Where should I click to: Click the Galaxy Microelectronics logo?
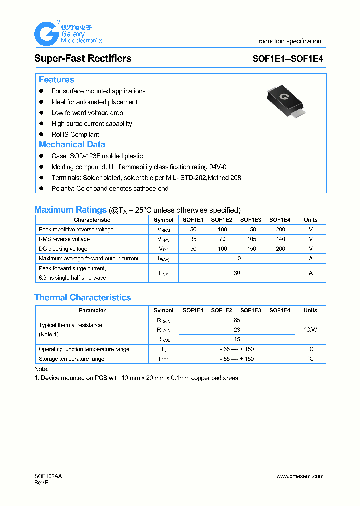[68, 34]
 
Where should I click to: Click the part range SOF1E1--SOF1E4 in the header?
[288, 58]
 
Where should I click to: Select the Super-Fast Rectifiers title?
[83, 58]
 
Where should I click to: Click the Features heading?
[56, 80]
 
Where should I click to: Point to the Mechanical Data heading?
[72, 145]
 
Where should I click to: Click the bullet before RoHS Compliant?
[42, 135]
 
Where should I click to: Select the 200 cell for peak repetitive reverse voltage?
[280, 230]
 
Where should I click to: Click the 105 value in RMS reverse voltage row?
[251, 239]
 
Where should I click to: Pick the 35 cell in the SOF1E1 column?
[193, 239]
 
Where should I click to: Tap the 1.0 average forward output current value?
[237, 259]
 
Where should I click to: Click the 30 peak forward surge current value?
[237, 273]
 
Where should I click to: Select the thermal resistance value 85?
[237, 320]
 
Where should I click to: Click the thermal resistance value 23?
[237, 330]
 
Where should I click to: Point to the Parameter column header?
[92, 310]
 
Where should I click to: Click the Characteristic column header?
[92, 220]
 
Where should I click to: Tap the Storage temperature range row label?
[72, 359]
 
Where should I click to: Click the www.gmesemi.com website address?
[300, 476]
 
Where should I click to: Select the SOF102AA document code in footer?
[48, 476]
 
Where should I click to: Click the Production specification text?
[288, 41]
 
